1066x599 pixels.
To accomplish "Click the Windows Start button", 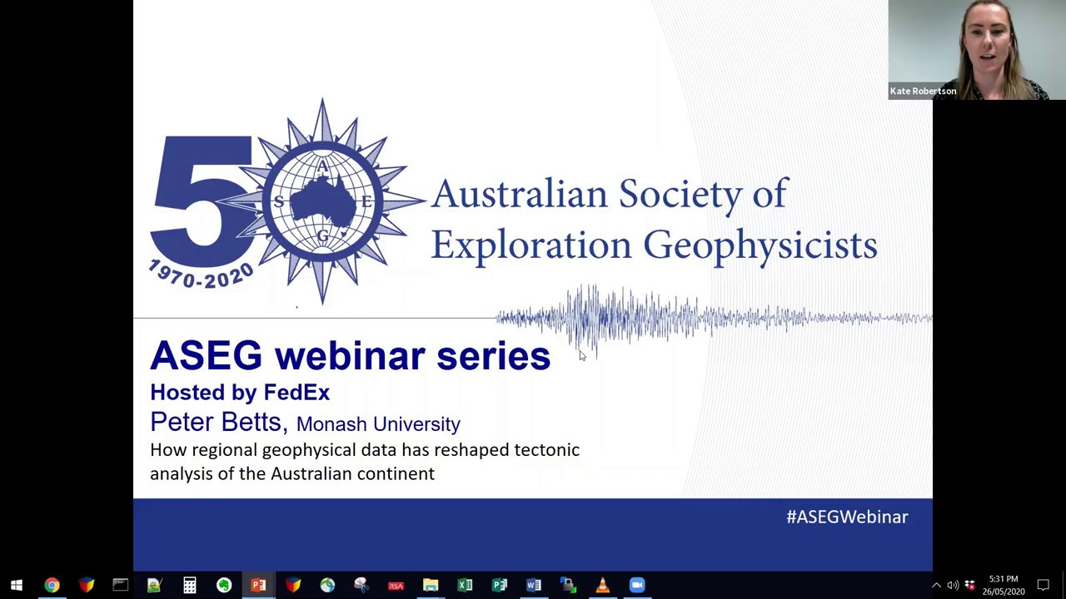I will [x=17, y=585].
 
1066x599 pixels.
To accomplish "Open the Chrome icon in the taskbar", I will [x=52, y=585].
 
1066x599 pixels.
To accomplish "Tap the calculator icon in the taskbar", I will [x=190, y=585].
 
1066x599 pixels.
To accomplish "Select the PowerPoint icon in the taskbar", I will [x=258, y=585].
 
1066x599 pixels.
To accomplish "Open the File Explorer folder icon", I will [x=431, y=585].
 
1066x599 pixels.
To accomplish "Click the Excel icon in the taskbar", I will [x=465, y=585].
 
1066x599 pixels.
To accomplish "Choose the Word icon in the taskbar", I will [x=534, y=585].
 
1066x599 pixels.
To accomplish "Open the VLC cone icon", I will [x=602, y=585].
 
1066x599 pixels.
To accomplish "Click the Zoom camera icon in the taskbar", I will [x=637, y=585].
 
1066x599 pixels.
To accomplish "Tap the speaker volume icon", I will [x=953, y=585].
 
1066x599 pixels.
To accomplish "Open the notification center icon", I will [x=1044, y=585].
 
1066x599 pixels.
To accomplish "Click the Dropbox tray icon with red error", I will [x=969, y=585].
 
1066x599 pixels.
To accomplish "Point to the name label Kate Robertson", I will [x=923, y=92].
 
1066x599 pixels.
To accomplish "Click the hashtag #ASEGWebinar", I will [x=847, y=517].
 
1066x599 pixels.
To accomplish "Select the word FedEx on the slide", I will [x=296, y=392].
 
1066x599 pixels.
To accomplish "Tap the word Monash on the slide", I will [x=331, y=424].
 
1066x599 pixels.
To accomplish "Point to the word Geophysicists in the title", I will [x=760, y=245].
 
